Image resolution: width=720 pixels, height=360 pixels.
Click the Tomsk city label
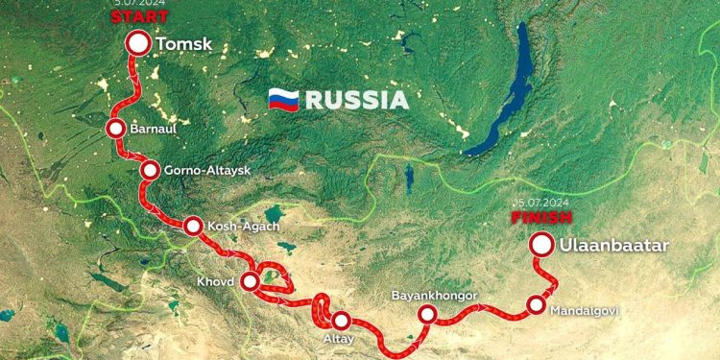point(183,43)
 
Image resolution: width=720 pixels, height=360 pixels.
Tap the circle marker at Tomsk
point(139,43)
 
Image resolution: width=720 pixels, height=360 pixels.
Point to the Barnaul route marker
point(116,128)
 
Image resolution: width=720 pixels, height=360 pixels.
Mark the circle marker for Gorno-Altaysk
point(150,170)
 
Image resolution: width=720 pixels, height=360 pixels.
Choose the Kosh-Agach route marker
point(193,227)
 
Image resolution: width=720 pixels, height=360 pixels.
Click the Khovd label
point(215,283)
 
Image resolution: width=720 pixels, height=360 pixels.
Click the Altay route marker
point(340,323)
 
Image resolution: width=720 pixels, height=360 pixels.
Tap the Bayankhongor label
point(434,295)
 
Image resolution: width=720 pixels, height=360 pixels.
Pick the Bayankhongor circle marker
point(427,314)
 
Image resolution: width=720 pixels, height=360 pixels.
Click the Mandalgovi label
point(585,310)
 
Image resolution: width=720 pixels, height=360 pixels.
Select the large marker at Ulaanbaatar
point(541,246)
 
